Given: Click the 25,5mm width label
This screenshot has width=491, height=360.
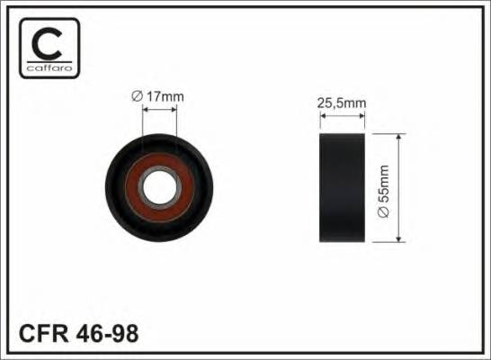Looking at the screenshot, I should click(344, 103).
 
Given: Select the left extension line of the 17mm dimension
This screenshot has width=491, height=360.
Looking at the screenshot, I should click(145, 121).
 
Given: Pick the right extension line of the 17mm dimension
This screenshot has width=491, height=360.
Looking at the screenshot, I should click(177, 121).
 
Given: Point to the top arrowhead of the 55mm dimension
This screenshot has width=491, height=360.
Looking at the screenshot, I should click(399, 138).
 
